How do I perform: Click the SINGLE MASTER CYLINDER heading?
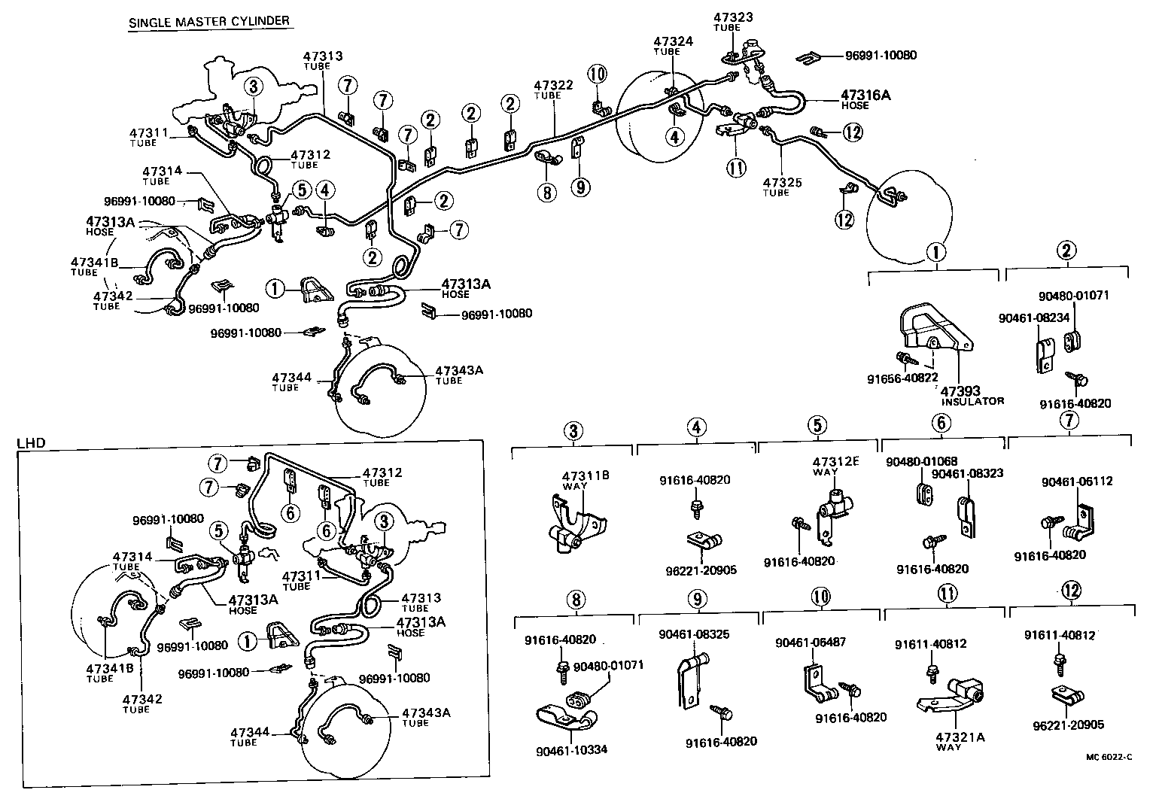click(x=208, y=21)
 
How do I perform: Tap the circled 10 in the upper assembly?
click(x=597, y=74)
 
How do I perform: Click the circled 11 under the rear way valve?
click(x=736, y=167)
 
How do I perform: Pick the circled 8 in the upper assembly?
click(x=547, y=192)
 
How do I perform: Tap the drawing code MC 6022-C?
click(x=1109, y=758)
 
